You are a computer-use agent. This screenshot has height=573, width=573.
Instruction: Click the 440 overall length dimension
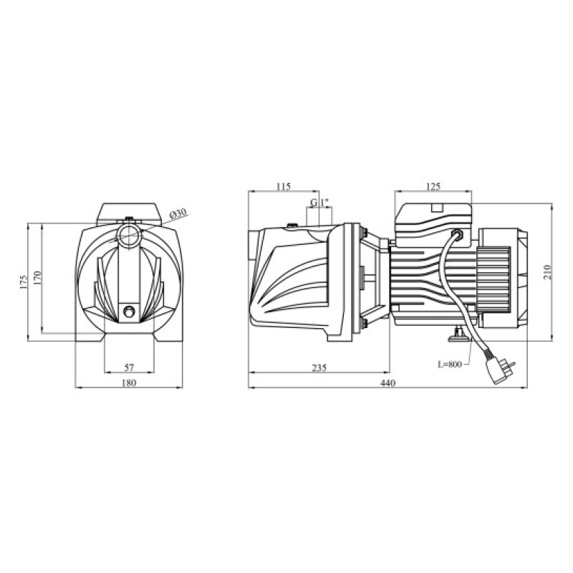coord(387,383)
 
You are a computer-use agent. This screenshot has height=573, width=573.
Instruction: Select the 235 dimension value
coord(319,367)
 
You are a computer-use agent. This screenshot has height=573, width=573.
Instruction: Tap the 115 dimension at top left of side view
coord(283,187)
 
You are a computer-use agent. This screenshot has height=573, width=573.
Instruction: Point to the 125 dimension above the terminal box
coord(433,187)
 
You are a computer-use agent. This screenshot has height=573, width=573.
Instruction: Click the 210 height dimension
coord(548,272)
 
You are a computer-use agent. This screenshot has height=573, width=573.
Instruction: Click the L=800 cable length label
coord(450,365)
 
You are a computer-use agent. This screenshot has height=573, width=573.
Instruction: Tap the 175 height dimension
coord(24,282)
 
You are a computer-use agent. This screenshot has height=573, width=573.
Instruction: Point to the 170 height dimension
coord(39,278)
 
